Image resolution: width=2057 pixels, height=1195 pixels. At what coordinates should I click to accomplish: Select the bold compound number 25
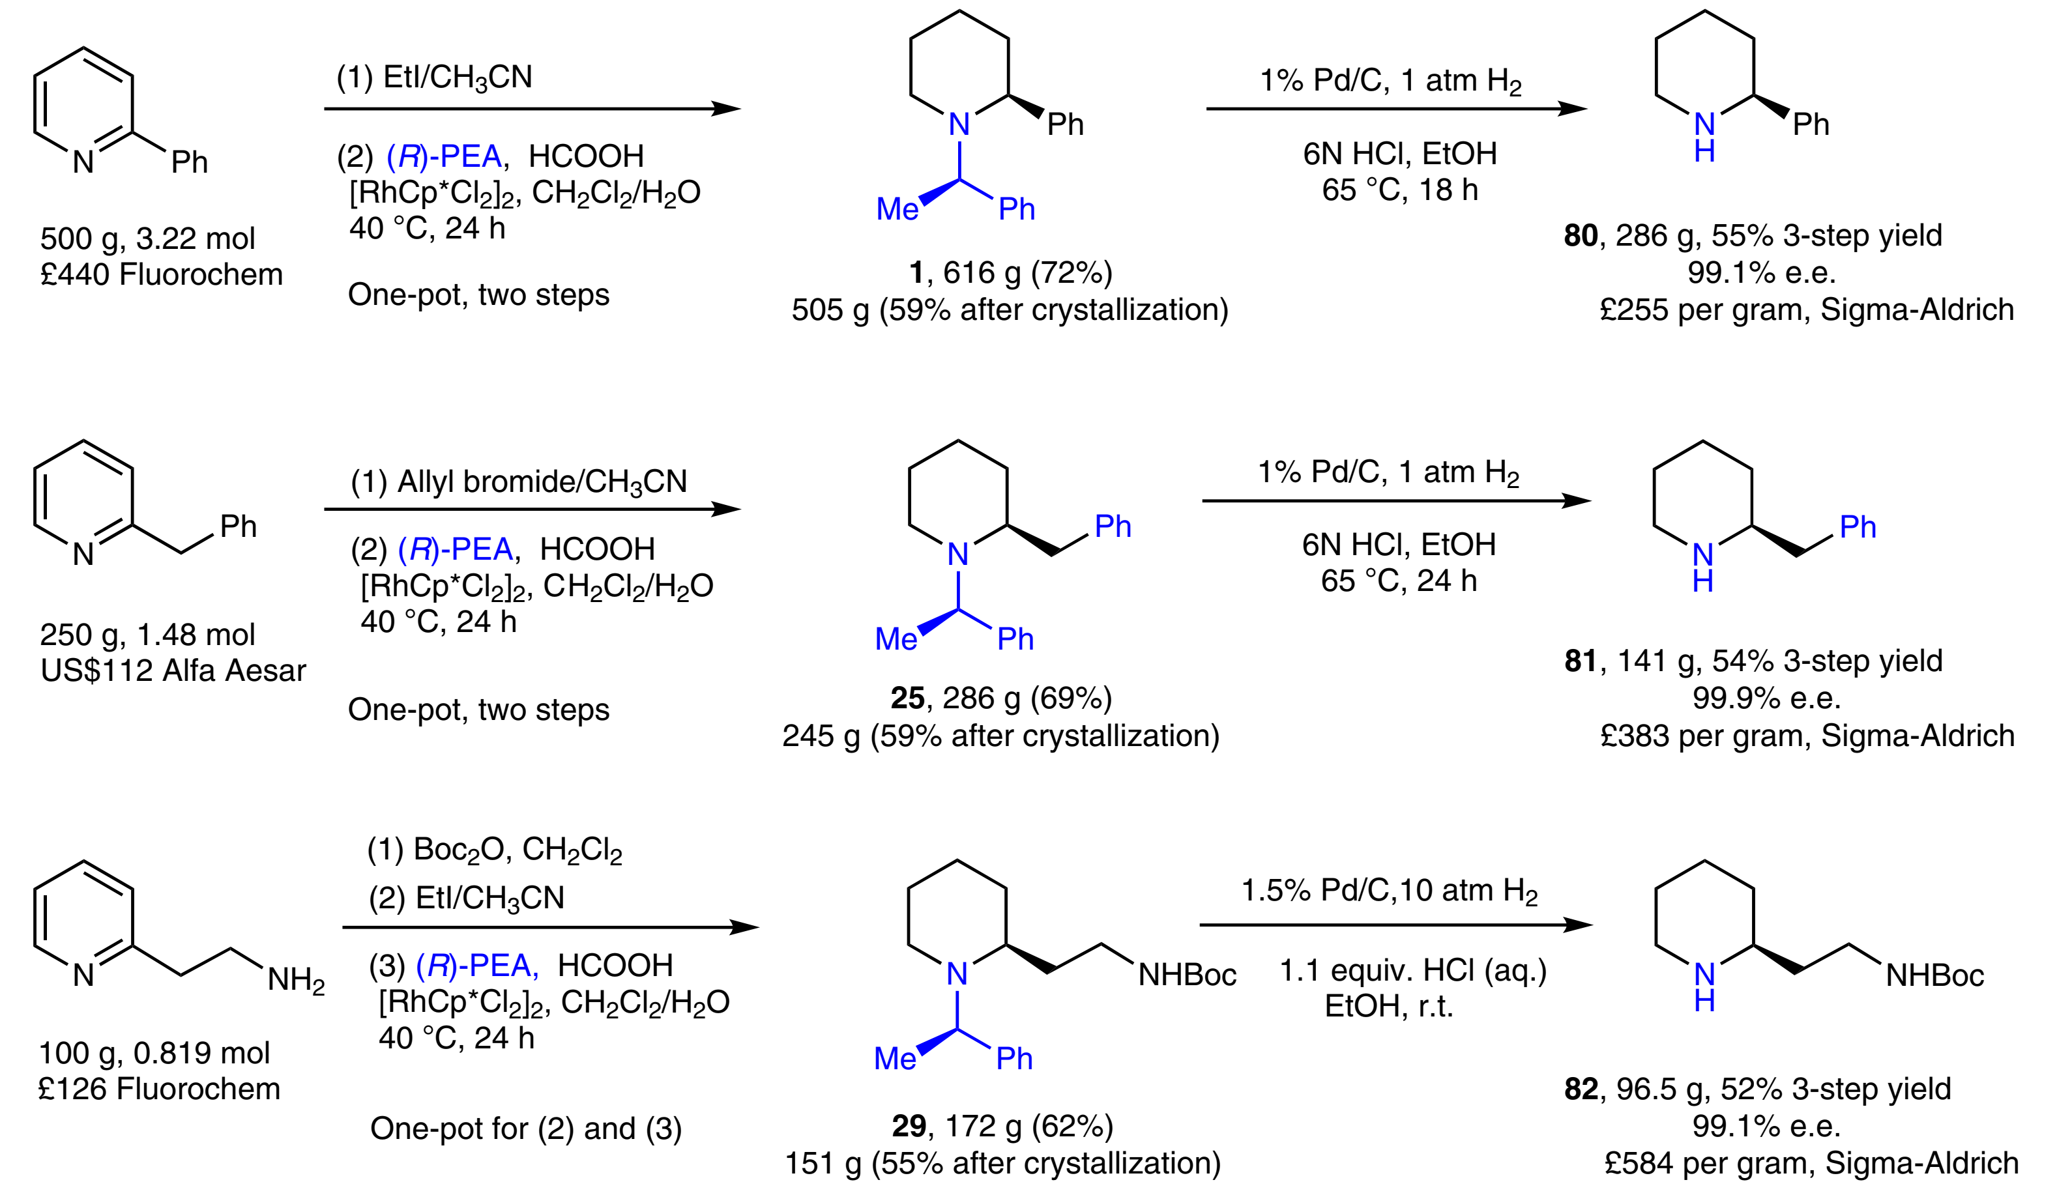(907, 698)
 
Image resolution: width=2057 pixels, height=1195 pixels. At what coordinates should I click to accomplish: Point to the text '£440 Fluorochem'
(162, 274)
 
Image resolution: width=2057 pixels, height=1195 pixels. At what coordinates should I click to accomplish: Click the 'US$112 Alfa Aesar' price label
(173, 670)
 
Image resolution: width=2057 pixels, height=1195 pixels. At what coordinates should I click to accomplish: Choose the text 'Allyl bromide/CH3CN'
(542, 482)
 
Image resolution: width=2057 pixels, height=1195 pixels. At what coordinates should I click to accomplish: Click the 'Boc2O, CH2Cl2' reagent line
(518, 850)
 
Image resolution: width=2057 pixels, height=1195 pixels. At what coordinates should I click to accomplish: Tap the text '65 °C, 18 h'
(1399, 190)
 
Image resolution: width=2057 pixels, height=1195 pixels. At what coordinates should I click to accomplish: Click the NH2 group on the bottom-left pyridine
(295, 979)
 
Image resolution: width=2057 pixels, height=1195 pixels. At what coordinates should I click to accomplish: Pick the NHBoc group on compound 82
(1934, 975)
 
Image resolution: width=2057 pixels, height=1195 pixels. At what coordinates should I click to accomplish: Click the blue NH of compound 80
(1704, 136)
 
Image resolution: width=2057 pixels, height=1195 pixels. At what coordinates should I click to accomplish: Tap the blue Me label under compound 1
(896, 210)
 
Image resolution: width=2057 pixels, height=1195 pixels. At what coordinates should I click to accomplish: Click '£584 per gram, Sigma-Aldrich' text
(1811, 1163)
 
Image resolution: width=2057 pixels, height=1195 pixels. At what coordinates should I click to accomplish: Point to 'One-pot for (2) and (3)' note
(526, 1129)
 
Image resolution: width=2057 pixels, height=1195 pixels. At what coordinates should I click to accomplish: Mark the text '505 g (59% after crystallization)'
(1010, 310)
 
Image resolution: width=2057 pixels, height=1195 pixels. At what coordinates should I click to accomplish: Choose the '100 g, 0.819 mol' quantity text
(154, 1053)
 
